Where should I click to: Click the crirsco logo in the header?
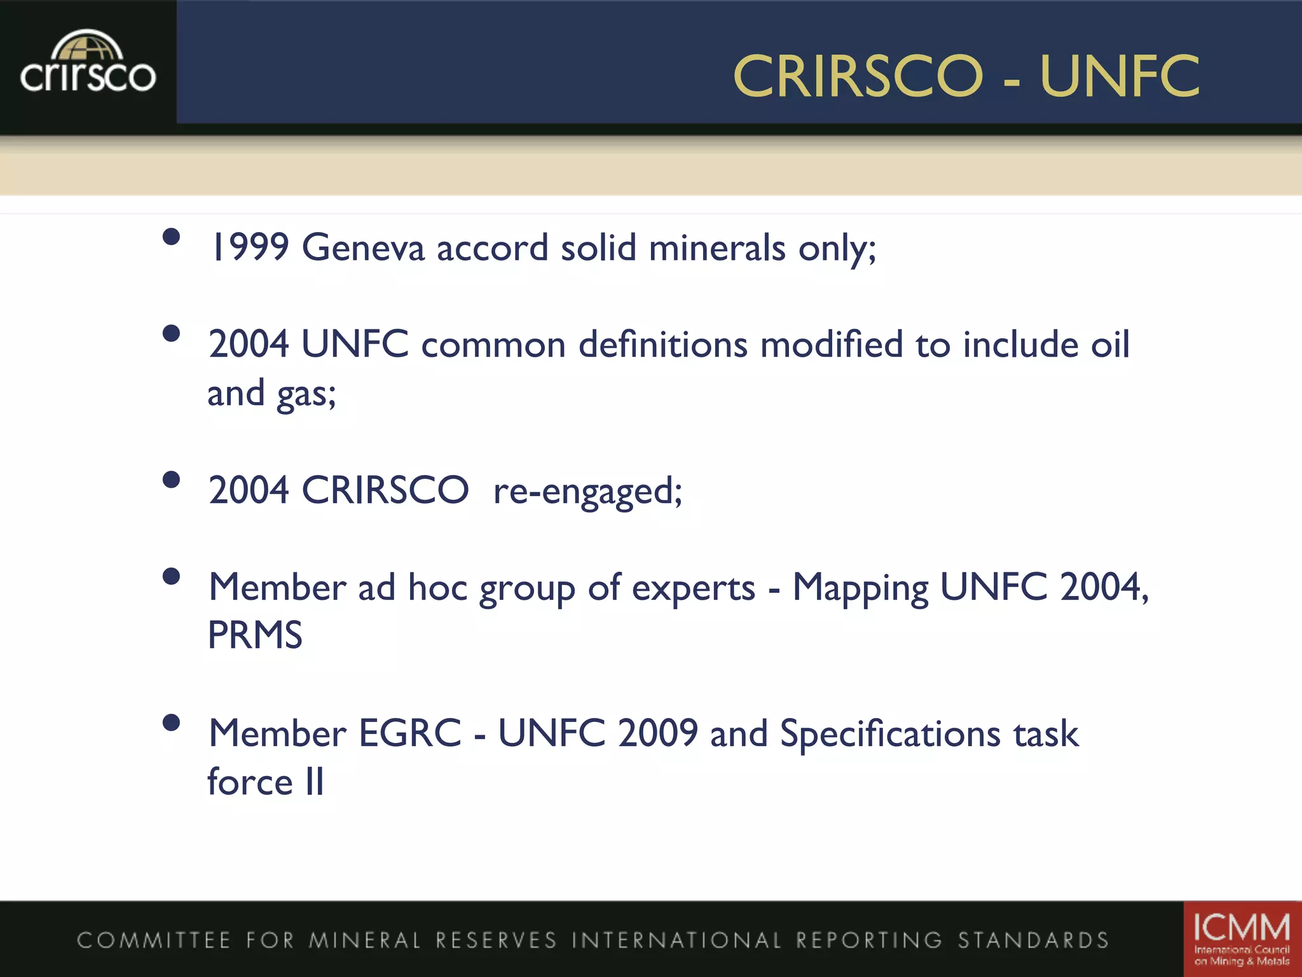88,64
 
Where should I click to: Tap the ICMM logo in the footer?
1241,938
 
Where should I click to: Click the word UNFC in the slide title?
1120,76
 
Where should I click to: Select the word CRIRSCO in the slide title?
858,76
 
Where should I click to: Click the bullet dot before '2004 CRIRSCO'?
171,479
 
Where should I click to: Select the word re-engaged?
587,491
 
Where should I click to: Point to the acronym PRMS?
255,635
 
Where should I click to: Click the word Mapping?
860,588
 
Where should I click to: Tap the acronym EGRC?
410,733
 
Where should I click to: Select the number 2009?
658,733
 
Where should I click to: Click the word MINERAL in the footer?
365,940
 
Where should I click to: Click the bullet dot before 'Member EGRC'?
171,722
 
